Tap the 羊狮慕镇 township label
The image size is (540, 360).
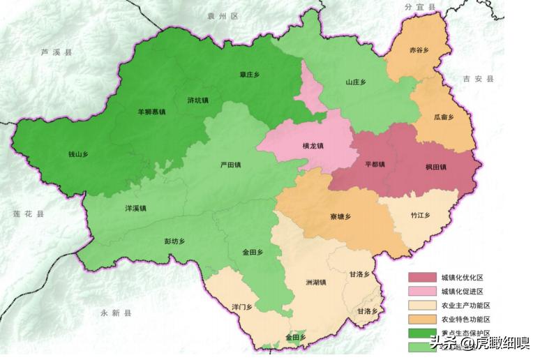[x=151, y=112]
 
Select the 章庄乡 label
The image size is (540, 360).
[x=249, y=75]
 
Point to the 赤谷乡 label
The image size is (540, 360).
[x=419, y=50]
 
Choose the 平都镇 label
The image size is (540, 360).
[x=375, y=165]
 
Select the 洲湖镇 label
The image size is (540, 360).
[x=315, y=282]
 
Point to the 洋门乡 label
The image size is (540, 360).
[x=241, y=306]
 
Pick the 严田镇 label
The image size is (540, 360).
[x=230, y=165]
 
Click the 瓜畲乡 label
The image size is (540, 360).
[x=444, y=117]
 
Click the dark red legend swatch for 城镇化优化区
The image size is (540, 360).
[x=422, y=278]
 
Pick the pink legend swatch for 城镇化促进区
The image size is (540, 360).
[x=422, y=291]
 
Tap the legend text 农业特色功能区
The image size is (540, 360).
[x=465, y=319]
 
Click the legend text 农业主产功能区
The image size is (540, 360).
[x=465, y=306]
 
